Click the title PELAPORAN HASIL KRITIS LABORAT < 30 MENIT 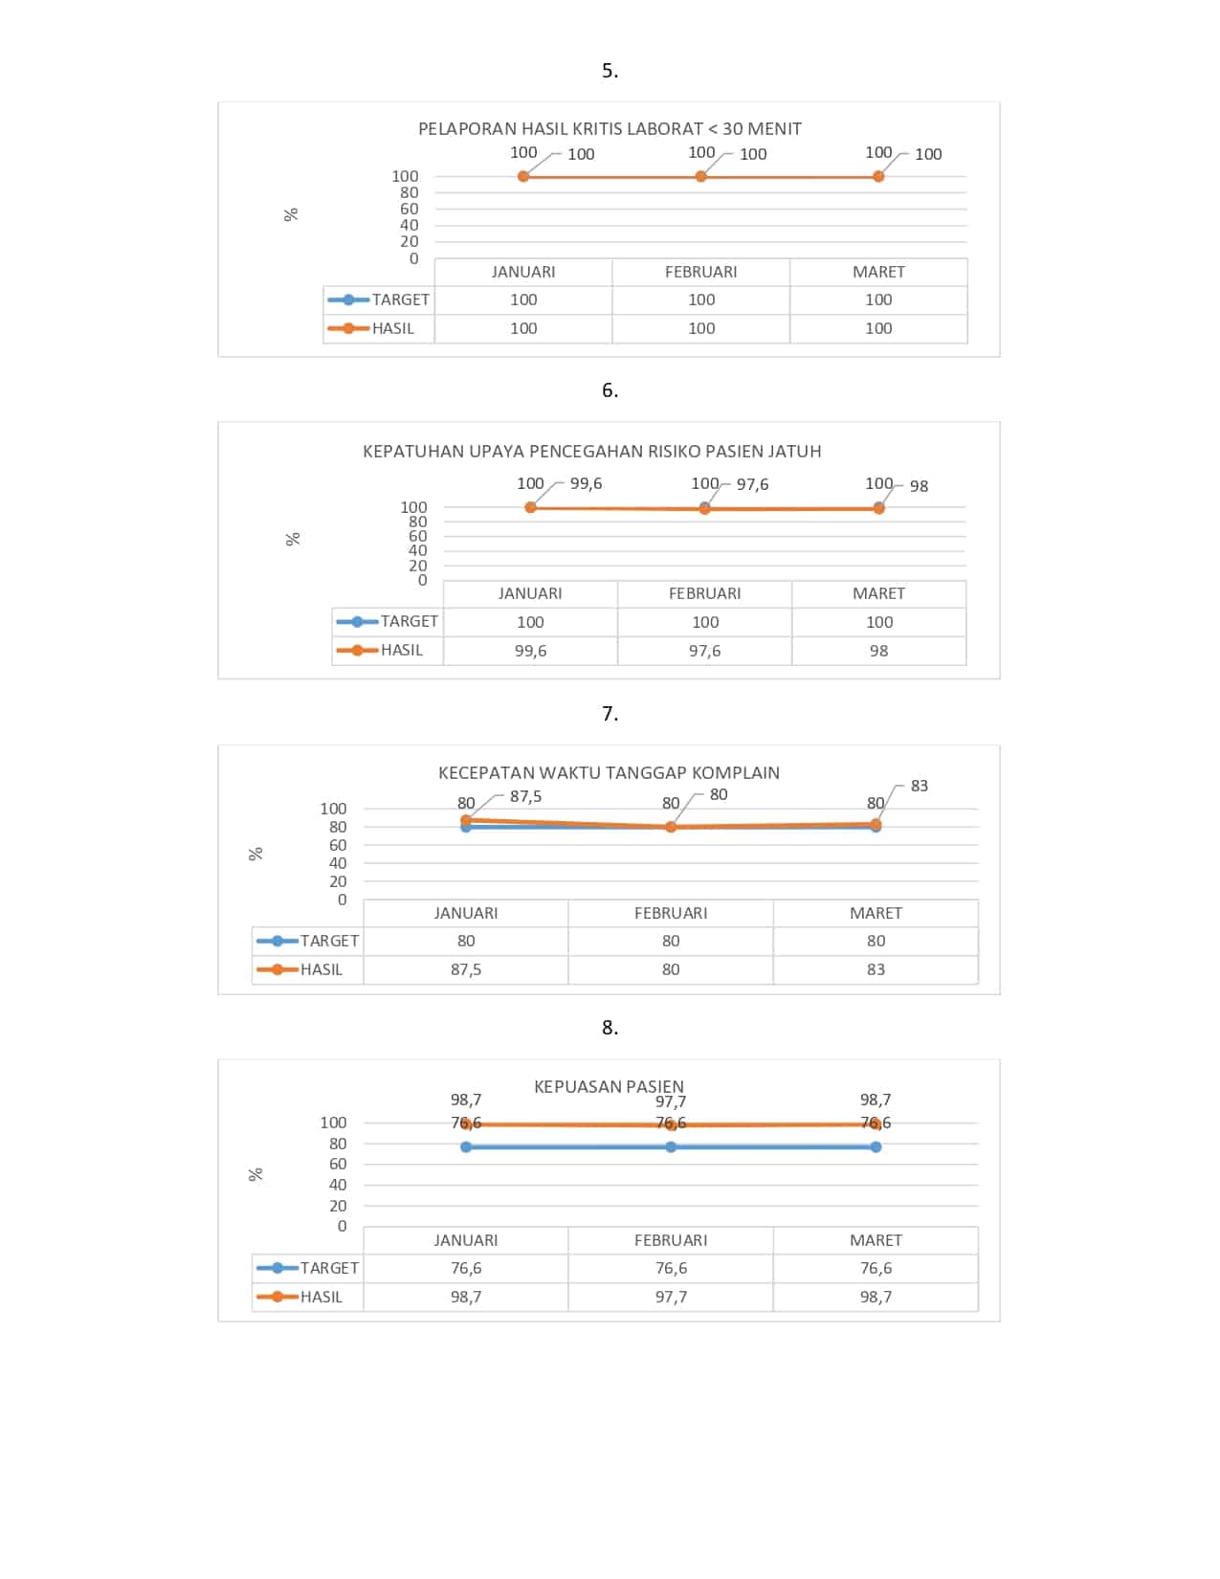click(x=610, y=129)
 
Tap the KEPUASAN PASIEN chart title click(x=609, y=1086)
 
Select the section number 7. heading click(x=610, y=713)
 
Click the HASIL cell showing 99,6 click(x=530, y=651)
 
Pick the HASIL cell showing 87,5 click(x=466, y=969)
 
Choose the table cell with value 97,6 click(x=704, y=651)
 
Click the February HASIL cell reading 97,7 click(x=671, y=1297)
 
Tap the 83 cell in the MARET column click(x=876, y=969)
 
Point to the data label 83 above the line click(x=919, y=786)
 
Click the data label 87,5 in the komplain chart click(x=525, y=796)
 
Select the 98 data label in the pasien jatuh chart click(x=919, y=486)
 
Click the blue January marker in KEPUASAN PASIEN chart click(x=466, y=1146)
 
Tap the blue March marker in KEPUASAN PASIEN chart click(x=876, y=1146)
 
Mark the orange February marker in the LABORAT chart click(x=701, y=177)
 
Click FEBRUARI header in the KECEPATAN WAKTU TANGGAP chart click(x=671, y=913)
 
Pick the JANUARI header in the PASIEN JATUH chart click(x=530, y=593)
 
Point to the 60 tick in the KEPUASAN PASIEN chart click(x=338, y=1164)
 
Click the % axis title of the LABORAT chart click(x=292, y=214)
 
